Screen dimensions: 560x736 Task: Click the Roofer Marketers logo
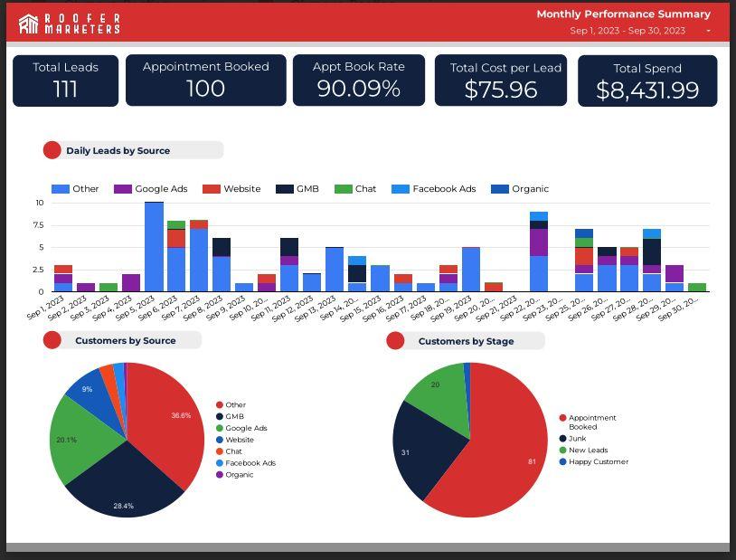pos(69,24)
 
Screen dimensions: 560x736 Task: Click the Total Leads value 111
pos(65,89)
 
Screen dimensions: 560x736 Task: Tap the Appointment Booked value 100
pos(205,88)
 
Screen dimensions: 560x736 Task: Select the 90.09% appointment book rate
pos(358,88)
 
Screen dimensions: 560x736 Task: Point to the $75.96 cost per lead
pos(500,90)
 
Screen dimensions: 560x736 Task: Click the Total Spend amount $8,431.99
pos(647,90)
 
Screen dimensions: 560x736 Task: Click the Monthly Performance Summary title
pos(623,14)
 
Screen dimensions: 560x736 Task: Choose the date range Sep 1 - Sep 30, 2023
pos(627,31)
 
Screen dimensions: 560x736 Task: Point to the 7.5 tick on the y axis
pos(37,225)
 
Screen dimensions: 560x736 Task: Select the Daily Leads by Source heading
pos(118,151)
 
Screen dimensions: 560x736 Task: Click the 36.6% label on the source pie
pos(181,415)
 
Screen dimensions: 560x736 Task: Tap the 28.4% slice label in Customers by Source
pos(123,506)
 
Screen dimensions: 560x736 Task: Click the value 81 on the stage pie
pos(532,461)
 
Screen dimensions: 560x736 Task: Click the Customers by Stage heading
pos(466,341)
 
